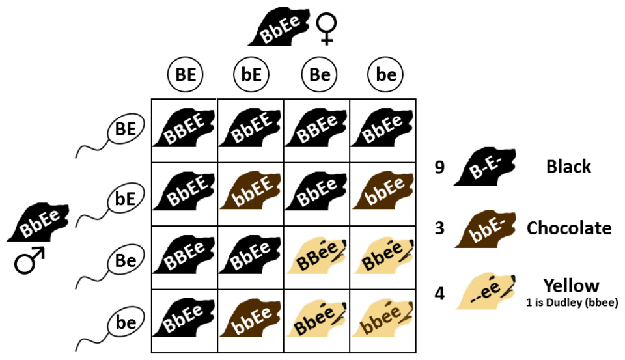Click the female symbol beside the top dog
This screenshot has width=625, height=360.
326,29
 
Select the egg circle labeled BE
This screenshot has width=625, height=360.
185,75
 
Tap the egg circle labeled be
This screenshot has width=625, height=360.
385,75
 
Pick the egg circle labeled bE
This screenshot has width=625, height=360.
251,75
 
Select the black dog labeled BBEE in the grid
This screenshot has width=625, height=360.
184,128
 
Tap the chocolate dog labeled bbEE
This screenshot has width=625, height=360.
251,190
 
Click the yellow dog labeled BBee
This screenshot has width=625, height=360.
317,255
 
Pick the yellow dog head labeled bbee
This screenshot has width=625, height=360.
383,318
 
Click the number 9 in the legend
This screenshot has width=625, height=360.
439,167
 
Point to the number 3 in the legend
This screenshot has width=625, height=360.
439,228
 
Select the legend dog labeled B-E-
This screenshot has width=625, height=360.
485,167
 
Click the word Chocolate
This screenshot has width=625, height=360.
569,228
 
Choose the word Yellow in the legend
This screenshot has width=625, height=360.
571,286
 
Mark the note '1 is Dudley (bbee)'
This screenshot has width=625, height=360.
572,303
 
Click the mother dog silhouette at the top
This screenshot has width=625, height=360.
279,26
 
